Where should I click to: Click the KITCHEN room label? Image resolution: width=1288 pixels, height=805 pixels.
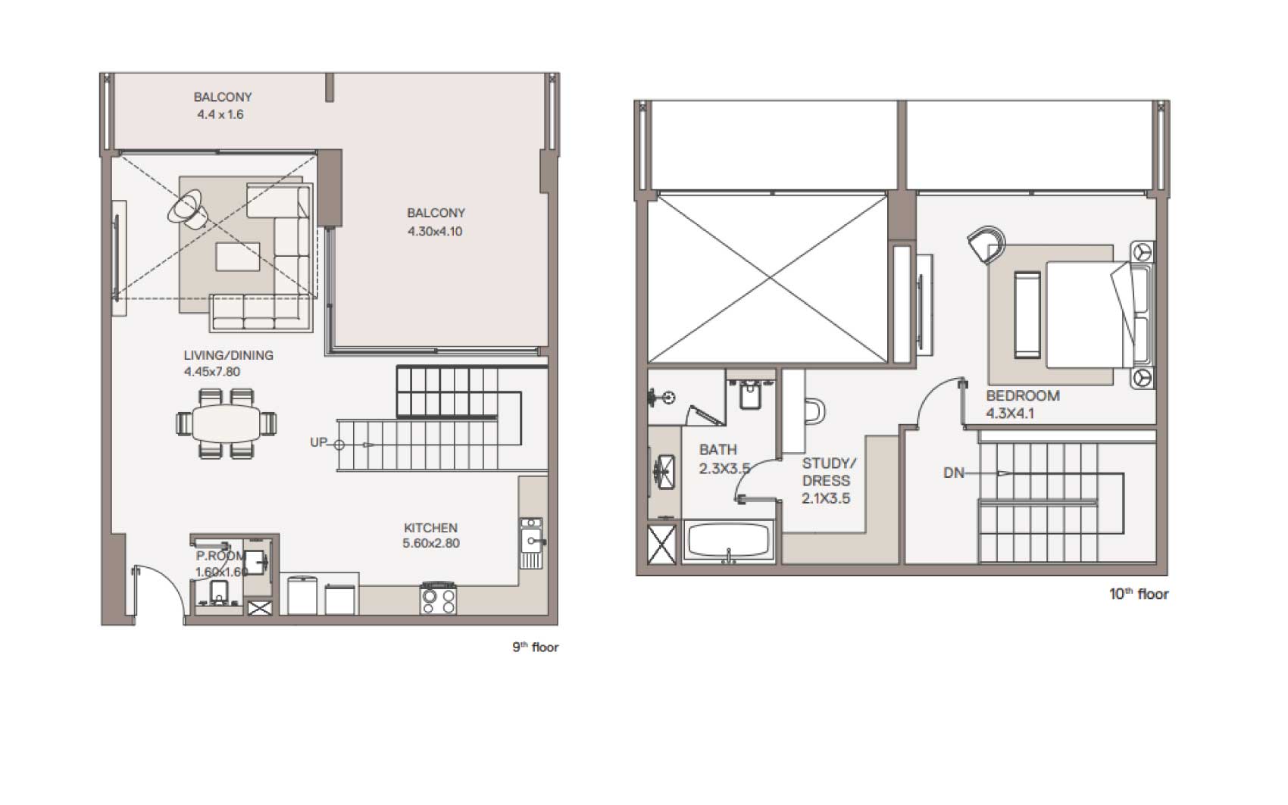pyautogui.click(x=430, y=528)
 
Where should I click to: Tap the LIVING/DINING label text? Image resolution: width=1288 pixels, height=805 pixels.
pyautogui.click(x=228, y=355)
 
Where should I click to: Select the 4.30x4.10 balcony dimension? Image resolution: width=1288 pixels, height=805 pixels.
pyautogui.click(x=435, y=232)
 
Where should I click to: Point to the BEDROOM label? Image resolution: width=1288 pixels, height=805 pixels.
pyautogui.click(x=1022, y=396)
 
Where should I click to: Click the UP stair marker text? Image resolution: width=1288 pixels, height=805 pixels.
pyautogui.click(x=318, y=442)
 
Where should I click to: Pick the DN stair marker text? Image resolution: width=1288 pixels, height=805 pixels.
pyautogui.click(x=953, y=473)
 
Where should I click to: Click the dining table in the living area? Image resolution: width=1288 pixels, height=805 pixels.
pyautogui.click(x=226, y=424)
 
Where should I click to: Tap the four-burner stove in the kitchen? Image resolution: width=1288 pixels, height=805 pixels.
pyautogui.click(x=438, y=598)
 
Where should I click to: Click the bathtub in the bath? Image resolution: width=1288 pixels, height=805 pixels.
pyautogui.click(x=729, y=541)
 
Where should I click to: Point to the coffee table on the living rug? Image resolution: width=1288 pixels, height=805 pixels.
pyautogui.click(x=237, y=256)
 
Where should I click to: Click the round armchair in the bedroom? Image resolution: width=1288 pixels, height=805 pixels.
pyautogui.click(x=986, y=245)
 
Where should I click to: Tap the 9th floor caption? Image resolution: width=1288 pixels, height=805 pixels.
pyautogui.click(x=536, y=647)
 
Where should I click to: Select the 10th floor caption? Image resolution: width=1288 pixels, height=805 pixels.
pyautogui.click(x=1139, y=594)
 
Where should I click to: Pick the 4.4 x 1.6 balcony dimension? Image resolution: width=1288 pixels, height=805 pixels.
pyautogui.click(x=220, y=114)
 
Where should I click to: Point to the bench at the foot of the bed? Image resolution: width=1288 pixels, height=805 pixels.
pyautogui.click(x=1027, y=315)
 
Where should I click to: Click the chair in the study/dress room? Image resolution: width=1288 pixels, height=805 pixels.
pyautogui.click(x=815, y=411)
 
